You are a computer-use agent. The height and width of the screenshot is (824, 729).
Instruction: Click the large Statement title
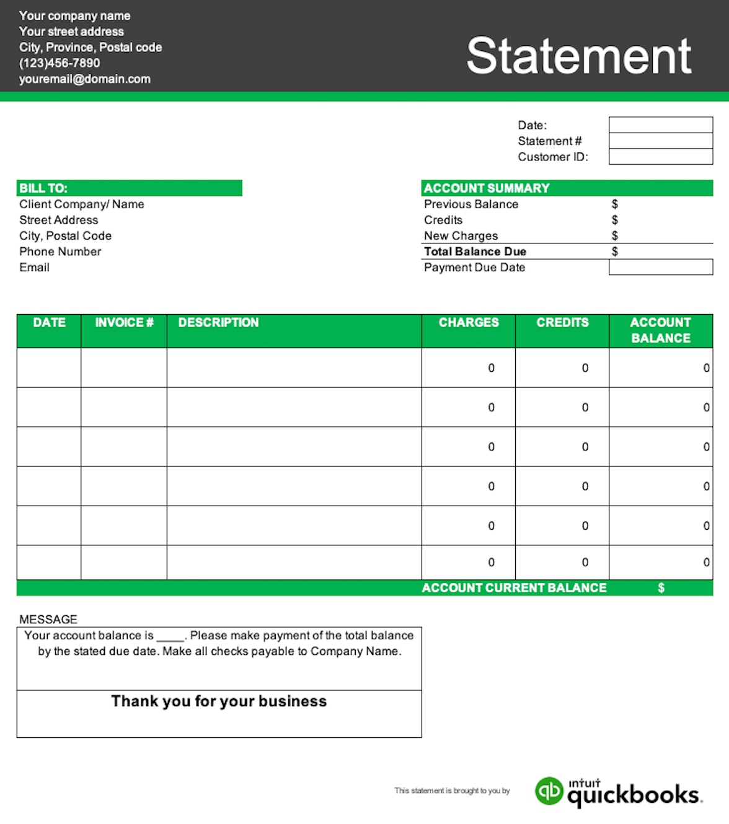(x=578, y=56)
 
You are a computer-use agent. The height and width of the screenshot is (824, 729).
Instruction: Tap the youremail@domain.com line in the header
(x=85, y=79)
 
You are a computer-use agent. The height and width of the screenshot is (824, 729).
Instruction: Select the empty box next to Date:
(x=660, y=125)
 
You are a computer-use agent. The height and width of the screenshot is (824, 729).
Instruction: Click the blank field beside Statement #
(x=660, y=141)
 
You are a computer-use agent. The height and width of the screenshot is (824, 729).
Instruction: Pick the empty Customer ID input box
(x=660, y=157)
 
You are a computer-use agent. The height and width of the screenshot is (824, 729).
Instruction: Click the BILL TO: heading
(x=43, y=188)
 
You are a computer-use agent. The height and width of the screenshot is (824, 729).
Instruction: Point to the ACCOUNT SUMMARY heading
(x=487, y=188)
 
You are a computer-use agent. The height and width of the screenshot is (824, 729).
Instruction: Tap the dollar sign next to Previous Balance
(x=614, y=204)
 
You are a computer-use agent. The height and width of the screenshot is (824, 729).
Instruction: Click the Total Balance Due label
(x=475, y=252)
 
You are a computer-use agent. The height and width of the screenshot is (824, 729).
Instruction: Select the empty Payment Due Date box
(x=660, y=267)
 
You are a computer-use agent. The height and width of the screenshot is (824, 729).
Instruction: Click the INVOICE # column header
(x=124, y=323)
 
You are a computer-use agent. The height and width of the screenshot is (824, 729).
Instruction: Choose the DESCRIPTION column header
(x=218, y=323)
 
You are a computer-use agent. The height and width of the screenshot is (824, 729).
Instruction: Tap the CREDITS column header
(x=562, y=323)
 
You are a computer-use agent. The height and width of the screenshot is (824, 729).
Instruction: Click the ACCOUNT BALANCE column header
(x=660, y=330)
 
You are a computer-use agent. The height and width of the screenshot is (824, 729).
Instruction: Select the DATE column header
(x=49, y=323)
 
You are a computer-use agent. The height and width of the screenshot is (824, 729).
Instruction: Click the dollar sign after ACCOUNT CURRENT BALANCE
(x=661, y=588)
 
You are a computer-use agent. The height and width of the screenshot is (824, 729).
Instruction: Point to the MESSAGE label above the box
(x=48, y=620)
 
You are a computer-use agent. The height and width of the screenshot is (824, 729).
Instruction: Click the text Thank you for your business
(x=219, y=701)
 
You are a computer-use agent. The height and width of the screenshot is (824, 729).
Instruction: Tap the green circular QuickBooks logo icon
(x=549, y=791)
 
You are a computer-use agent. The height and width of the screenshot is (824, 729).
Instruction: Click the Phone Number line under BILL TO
(x=60, y=252)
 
